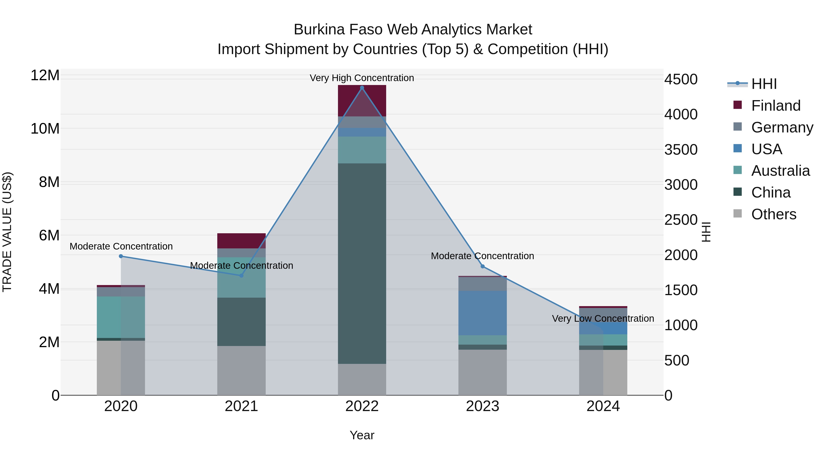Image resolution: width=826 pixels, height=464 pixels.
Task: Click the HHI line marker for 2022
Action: point(362,88)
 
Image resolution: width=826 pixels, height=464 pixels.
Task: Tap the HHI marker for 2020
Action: point(121,256)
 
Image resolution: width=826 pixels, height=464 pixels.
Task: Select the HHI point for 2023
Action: point(483,266)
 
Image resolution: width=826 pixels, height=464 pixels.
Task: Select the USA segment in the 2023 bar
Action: point(483,313)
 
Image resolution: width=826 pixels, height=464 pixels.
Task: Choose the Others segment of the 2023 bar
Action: point(483,372)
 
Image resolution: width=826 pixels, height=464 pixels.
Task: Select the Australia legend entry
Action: point(780,171)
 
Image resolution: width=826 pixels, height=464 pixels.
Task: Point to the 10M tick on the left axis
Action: point(45,129)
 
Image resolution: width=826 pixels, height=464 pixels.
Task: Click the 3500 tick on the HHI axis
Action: point(681,150)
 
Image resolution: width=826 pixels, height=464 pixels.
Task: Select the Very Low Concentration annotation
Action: point(603,319)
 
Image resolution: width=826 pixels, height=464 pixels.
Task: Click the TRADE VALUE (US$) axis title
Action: point(7,232)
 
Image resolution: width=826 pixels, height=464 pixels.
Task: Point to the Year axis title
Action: point(362,435)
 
